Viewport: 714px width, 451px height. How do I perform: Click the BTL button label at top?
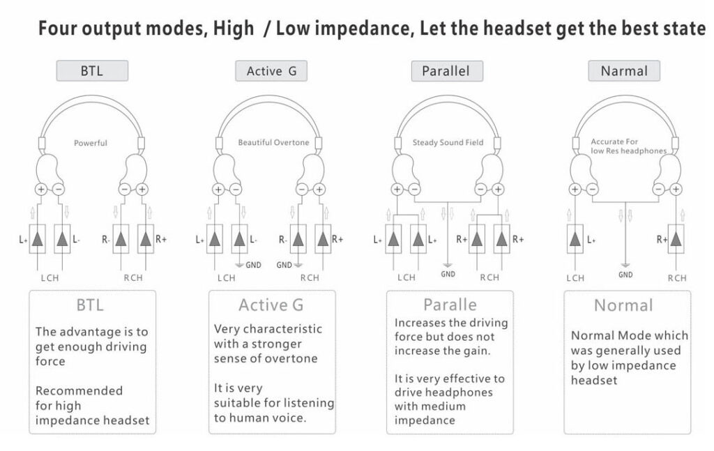91,71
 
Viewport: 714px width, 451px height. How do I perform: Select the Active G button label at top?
271,71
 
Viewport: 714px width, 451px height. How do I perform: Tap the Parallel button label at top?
446,71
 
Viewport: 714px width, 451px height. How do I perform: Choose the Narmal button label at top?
624,71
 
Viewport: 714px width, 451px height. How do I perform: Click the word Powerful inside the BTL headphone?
91,143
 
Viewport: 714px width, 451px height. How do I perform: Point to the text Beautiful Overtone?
273,142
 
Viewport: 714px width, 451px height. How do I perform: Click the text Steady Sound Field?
448,142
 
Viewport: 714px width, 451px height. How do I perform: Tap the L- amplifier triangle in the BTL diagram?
63,239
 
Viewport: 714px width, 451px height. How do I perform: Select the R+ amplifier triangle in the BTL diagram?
145,239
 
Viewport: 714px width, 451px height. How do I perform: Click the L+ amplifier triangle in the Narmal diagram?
575,239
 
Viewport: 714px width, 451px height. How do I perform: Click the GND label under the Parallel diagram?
448,274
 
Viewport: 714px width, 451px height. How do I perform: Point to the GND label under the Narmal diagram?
625,274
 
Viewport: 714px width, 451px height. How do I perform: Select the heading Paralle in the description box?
450,305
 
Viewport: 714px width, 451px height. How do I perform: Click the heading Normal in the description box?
623,305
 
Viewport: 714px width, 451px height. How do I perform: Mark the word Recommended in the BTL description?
79,390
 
